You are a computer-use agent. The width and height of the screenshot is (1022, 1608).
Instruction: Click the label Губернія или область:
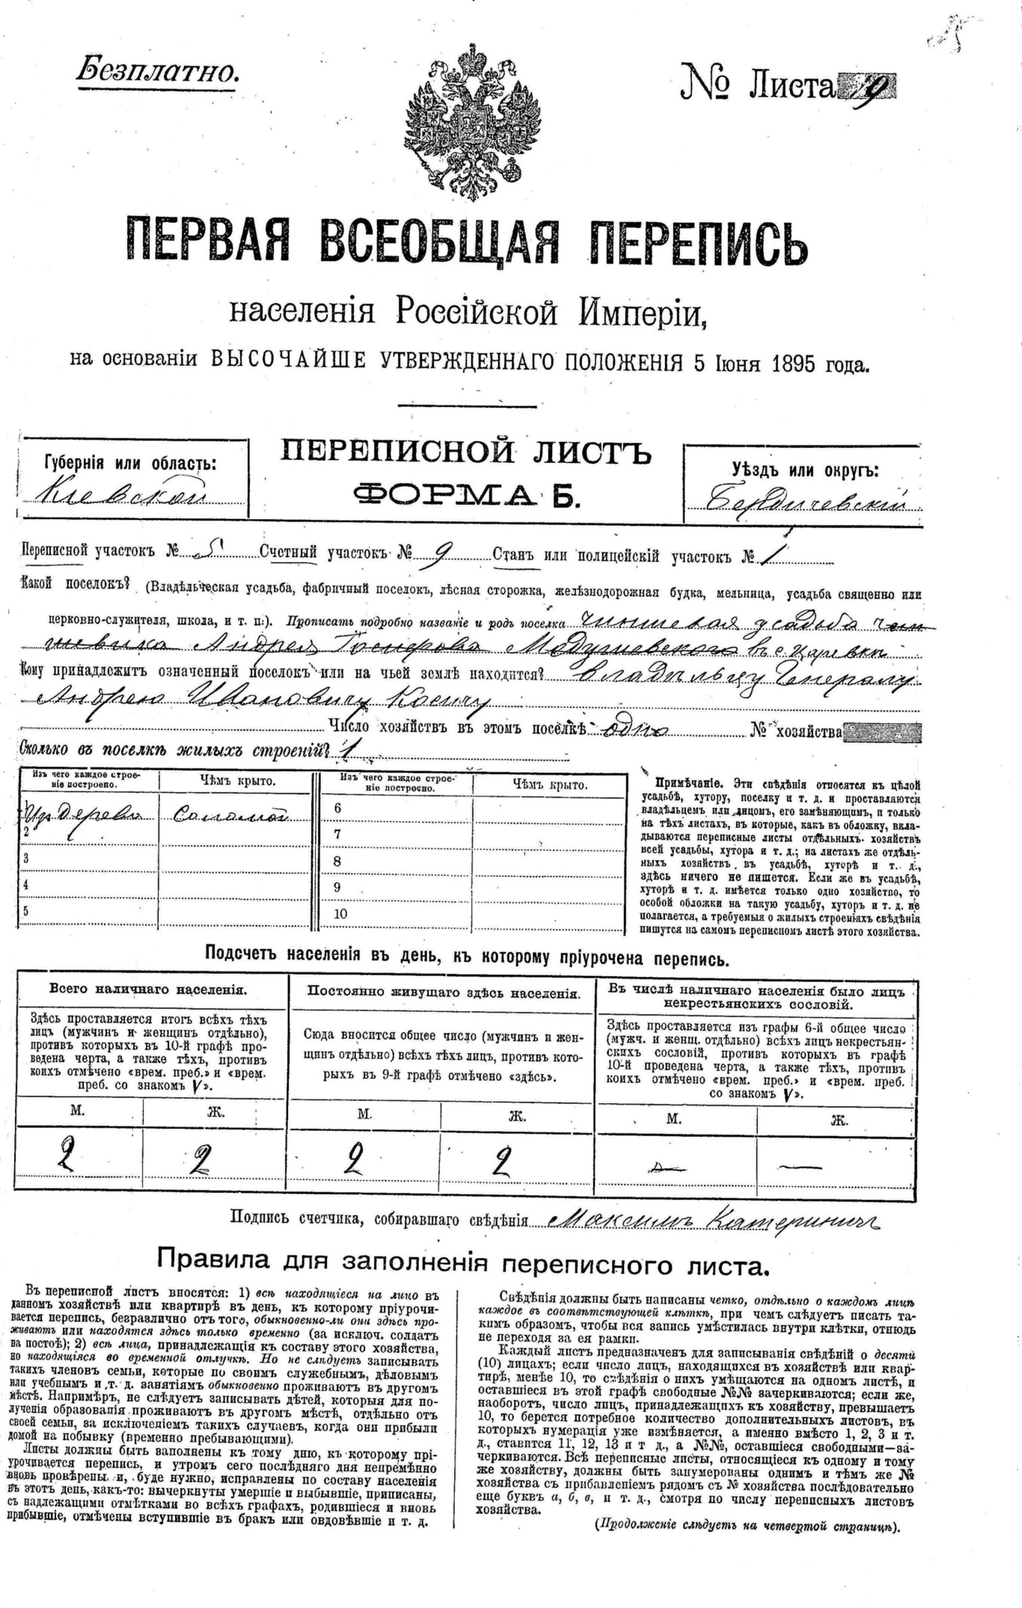click(130, 463)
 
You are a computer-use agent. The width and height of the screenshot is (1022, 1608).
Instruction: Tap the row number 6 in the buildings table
click(338, 808)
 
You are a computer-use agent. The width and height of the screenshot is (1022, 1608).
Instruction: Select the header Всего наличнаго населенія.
click(149, 990)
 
